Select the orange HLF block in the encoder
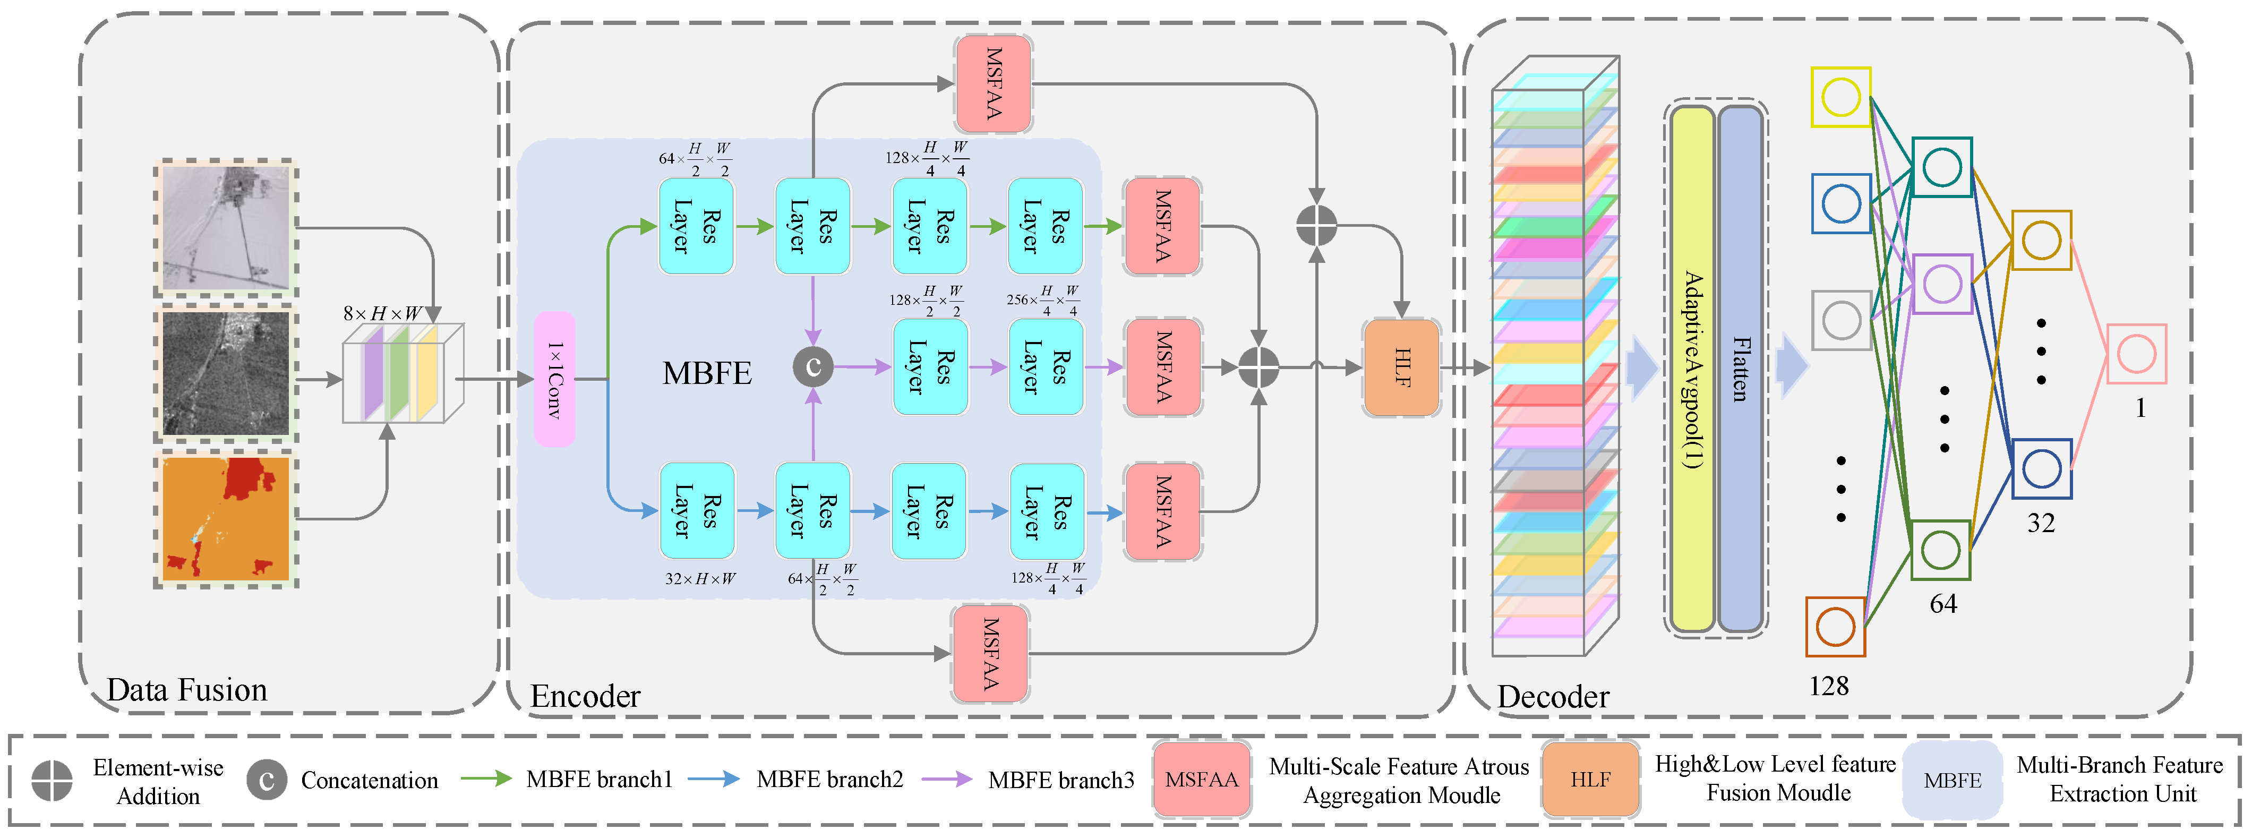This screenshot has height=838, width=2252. [1401, 367]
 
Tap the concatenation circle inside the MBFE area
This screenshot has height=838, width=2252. [813, 366]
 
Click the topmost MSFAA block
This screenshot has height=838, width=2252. [994, 84]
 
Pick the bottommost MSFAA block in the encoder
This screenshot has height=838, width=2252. [990, 653]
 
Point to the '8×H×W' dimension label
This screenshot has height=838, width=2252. [382, 313]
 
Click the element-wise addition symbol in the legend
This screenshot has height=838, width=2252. [52, 780]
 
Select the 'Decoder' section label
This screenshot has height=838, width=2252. [1553, 696]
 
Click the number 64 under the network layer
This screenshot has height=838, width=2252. [1942, 604]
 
